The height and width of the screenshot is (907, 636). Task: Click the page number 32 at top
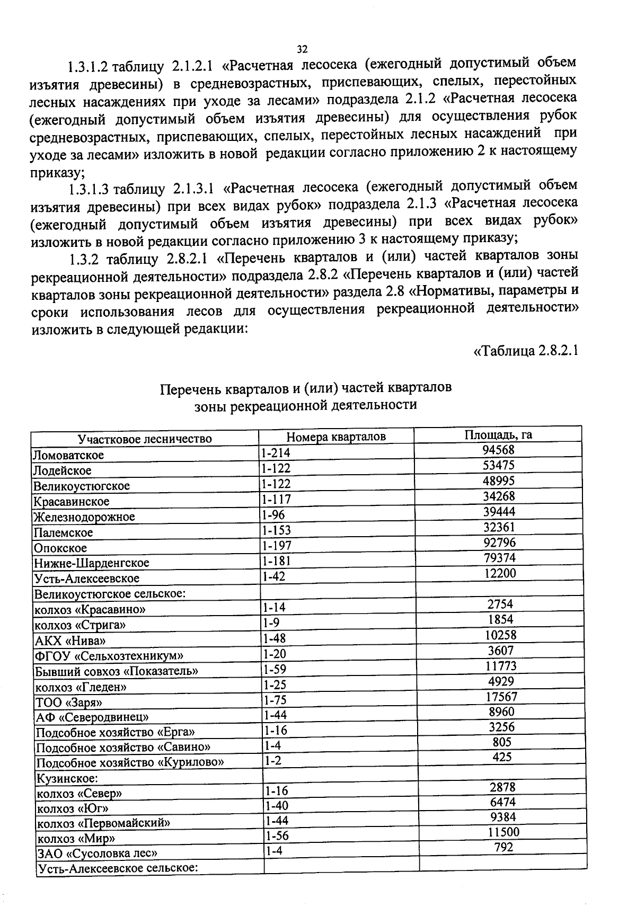point(302,49)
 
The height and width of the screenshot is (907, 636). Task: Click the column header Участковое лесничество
point(145,439)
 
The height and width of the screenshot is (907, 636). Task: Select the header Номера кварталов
point(336,437)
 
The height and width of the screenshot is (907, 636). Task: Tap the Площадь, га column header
point(498,435)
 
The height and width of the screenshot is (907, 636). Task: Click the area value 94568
point(498,450)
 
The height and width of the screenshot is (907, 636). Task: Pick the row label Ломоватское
point(68,455)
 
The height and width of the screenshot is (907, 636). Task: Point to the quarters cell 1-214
point(276,453)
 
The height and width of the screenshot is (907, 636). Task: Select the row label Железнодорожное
point(84,517)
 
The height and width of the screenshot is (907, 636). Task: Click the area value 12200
point(499,573)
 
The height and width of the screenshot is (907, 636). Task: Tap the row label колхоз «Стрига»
point(80,625)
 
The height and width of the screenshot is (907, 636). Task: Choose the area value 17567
point(501,697)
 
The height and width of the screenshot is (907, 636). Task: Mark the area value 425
point(502,757)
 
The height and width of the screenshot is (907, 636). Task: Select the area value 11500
point(503,832)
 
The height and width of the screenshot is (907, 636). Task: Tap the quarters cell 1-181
point(277,561)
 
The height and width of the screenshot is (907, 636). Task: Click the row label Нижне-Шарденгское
point(91,563)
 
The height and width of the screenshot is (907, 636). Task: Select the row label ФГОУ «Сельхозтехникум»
point(109,656)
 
